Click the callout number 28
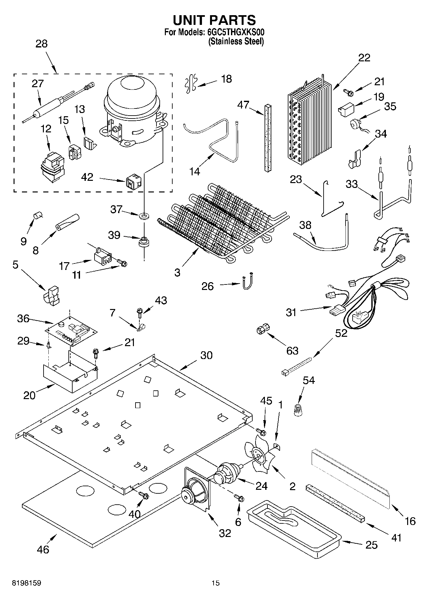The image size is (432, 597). point(41,44)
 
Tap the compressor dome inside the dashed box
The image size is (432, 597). point(132,94)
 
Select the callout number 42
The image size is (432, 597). point(87,177)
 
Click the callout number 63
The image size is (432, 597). point(292,351)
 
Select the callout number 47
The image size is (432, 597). point(243,105)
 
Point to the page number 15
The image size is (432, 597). point(216,583)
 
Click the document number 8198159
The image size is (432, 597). point(26,583)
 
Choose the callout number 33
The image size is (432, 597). point(352,184)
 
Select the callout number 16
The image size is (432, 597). point(410,521)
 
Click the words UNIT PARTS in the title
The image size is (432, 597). point(214,20)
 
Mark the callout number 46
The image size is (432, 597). point(43,549)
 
